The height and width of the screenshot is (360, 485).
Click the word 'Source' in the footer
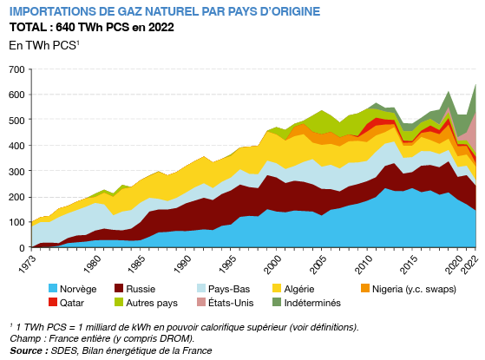(x=28, y=350)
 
